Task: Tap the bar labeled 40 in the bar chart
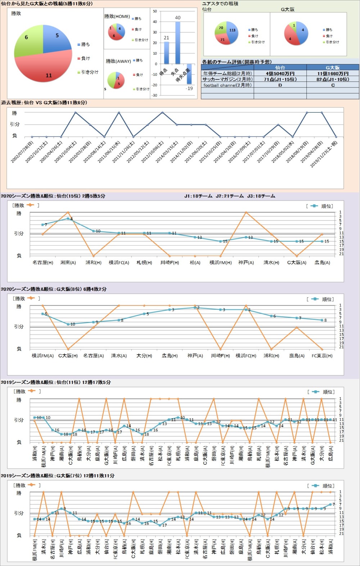pyautogui.click(x=178, y=43)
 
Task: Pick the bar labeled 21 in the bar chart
pyautogui.click(x=166, y=53)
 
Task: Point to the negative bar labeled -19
pyautogui.click(x=189, y=74)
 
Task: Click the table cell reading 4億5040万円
pyautogui.click(x=280, y=73)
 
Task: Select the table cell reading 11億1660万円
pyautogui.click(x=333, y=73)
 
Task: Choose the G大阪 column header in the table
pyautogui.click(x=333, y=67)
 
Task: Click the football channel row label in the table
pyautogui.click(x=228, y=85)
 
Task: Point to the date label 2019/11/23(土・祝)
pyautogui.click(x=324, y=153)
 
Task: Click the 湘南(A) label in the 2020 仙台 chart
pyautogui.click(x=68, y=263)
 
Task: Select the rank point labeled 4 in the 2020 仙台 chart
pyautogui.click(x=68, y=218)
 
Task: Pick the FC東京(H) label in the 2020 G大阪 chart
pyautogui.click(x=322, y=356)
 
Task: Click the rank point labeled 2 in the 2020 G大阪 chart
pyautogui.click(x=195, y=308)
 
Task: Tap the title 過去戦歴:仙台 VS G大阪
pyautogui.click(x=44, y=103)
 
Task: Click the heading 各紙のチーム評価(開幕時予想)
pyautogui.click(x=237, y=62)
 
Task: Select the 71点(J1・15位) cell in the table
pyautogui.click(x=280, y=79)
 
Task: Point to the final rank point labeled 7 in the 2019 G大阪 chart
pyautogui.click(x=330, y=504)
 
